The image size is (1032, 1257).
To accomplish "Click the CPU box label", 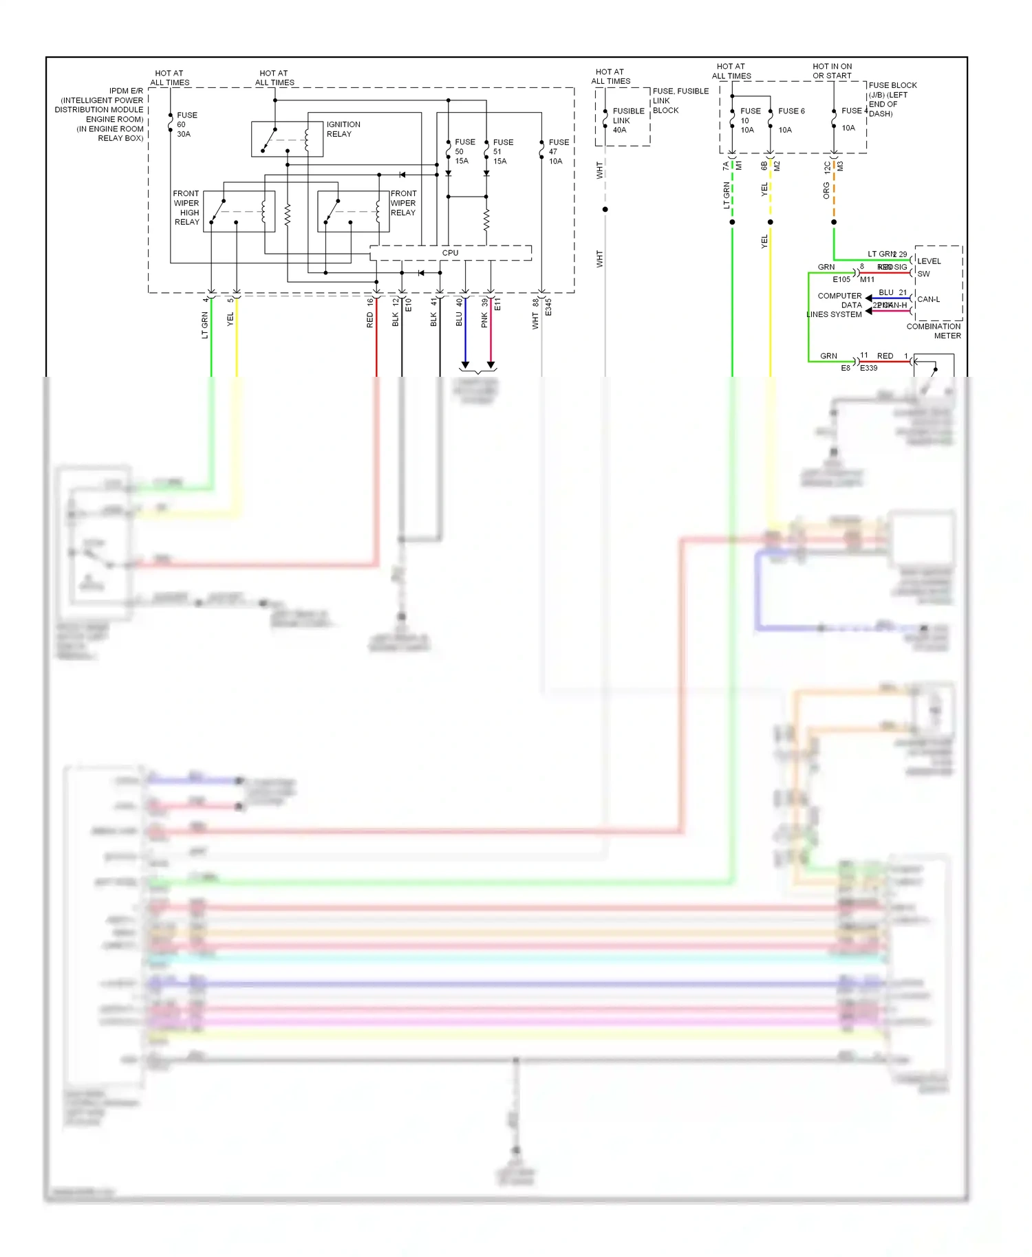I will tap(450, 253).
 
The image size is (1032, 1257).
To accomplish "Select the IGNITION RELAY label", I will tap(343, 129).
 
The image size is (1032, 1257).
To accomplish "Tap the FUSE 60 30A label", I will tap(186, 124).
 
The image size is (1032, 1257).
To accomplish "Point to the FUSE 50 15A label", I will tap(464, 151).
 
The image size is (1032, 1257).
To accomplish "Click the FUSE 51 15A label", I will tap(502, 151).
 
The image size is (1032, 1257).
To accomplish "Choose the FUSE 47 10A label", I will tap(558, 151).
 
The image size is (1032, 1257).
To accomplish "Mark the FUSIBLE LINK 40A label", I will tap(627, 120).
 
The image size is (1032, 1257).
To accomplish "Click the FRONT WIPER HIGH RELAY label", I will tap(186, 208).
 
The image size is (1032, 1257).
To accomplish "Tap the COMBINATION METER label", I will tap(934, 331).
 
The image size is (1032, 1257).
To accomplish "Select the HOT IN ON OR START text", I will tap(832, 72).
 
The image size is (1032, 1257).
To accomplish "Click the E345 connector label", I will tap(548, 307).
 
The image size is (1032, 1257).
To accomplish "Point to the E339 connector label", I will tap(869, 369).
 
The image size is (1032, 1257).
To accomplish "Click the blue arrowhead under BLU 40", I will tap(465, 365).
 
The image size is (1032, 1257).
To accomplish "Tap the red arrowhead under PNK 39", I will tap(491, 365).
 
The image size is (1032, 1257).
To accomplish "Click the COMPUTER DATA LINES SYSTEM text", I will tap(836, 305).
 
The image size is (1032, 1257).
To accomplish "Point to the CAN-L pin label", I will tap(928, 300).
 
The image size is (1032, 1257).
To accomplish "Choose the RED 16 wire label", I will tap(370, 313).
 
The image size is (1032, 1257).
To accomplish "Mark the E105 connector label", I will tap(841, 280).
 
